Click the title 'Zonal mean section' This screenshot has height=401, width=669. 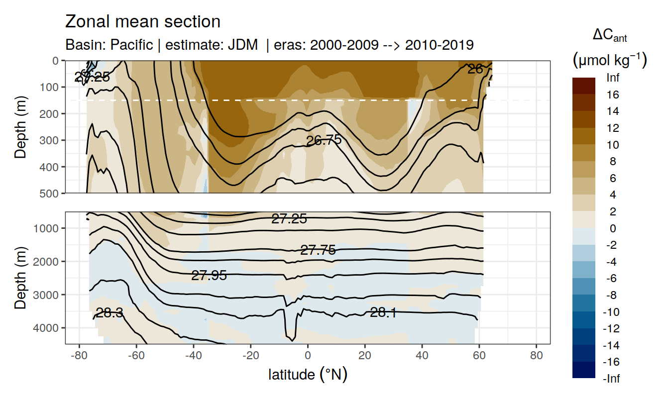143,22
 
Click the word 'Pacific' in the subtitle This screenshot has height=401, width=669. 131,45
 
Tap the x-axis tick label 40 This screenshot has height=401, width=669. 422,356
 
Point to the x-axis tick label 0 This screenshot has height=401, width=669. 308,356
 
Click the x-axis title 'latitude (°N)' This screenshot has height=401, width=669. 308,374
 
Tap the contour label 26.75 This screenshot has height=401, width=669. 324,140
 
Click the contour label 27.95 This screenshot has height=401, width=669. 209,275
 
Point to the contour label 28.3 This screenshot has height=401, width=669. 110,313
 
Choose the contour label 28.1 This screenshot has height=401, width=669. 383,312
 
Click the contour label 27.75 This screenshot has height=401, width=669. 318,250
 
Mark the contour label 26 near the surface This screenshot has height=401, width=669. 475,69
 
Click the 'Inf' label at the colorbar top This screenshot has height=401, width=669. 613,78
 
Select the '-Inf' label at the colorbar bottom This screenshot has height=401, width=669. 612,379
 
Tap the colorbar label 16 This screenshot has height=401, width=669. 613,95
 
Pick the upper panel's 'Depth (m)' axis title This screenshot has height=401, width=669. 20,126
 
